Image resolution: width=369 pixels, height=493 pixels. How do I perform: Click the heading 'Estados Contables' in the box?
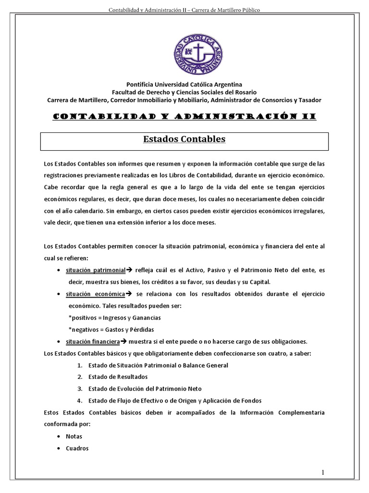[x=184, y=139]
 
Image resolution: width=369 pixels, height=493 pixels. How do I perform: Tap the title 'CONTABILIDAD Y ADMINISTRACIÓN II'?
[x=184, y=117]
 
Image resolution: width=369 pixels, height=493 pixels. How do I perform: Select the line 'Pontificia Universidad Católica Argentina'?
[x=184, y=84]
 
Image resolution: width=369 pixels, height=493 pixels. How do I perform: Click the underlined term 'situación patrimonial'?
[x=96, y=271]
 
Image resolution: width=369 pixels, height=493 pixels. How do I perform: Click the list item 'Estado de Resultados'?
[x=118, y=377]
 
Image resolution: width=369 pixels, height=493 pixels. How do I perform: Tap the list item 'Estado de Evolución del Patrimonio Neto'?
[x=145, y=389]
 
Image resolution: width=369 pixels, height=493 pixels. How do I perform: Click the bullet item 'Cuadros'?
[x=77, y=448]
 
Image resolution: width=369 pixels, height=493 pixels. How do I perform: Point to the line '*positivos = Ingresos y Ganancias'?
[x=114, y=318]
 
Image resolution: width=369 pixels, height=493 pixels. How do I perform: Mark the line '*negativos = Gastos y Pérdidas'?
[x=111, y=330]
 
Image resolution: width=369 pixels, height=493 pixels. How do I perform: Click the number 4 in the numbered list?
[x=79, y=401]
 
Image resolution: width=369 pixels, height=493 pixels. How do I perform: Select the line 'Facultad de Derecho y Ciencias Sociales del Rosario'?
[x=184, y=92]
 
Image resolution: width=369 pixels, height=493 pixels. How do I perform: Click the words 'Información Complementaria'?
[x=281, y=413]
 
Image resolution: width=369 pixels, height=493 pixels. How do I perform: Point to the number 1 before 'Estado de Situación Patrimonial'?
[x=79, y=365]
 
